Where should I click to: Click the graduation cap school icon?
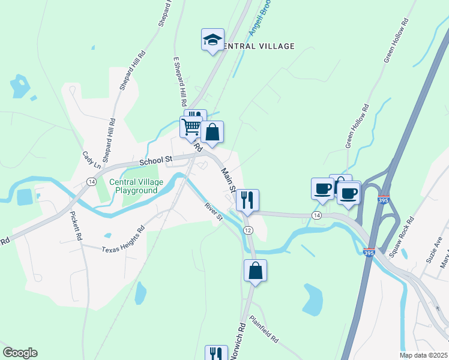click(x=212, y=40)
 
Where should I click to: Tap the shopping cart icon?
click(x=191, y=127)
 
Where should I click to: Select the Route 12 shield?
click(x=248, y=230)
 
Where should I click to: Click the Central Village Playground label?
click(x=133, y=186)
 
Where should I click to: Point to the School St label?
click(x=156, y=161)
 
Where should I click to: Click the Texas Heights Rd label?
click(x=123, y=240)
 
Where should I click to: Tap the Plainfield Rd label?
click(x=264, y=329)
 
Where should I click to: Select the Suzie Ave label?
click(x=434, y=250)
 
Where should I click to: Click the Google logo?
click(x=20, y=353)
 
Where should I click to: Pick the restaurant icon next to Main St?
click(x=247, y=199)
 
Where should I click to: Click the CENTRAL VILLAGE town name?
click(x=258, y=46)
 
